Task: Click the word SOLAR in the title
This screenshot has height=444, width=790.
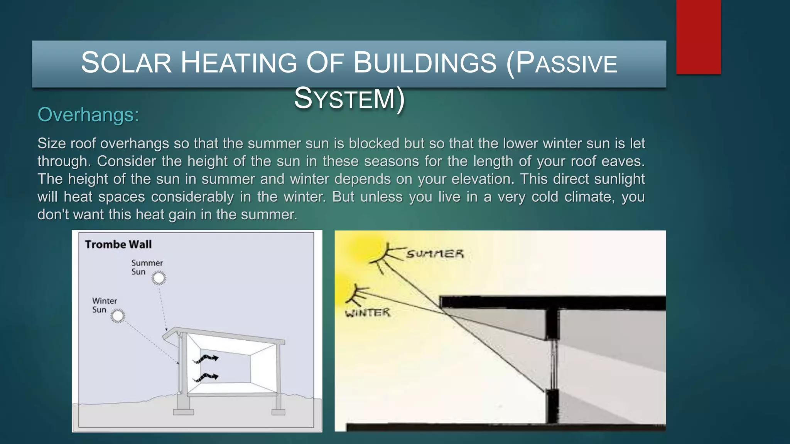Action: (126, 63)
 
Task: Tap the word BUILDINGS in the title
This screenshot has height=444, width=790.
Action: (425, 63)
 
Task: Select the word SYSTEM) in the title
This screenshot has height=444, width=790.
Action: (349, 99)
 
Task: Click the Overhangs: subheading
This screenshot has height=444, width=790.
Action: (88, 115)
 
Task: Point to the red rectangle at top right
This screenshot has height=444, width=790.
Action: (698, 37)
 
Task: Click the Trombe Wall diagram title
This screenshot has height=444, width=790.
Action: (118, 244)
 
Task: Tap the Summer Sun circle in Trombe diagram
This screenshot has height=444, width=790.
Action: (159, 278)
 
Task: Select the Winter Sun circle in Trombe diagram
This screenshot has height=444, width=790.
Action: (118, 316)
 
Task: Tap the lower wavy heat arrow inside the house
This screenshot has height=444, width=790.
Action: (206, 377)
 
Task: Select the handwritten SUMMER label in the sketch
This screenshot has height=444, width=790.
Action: (435, 254)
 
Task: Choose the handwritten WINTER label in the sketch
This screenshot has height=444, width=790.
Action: (368, 313)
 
